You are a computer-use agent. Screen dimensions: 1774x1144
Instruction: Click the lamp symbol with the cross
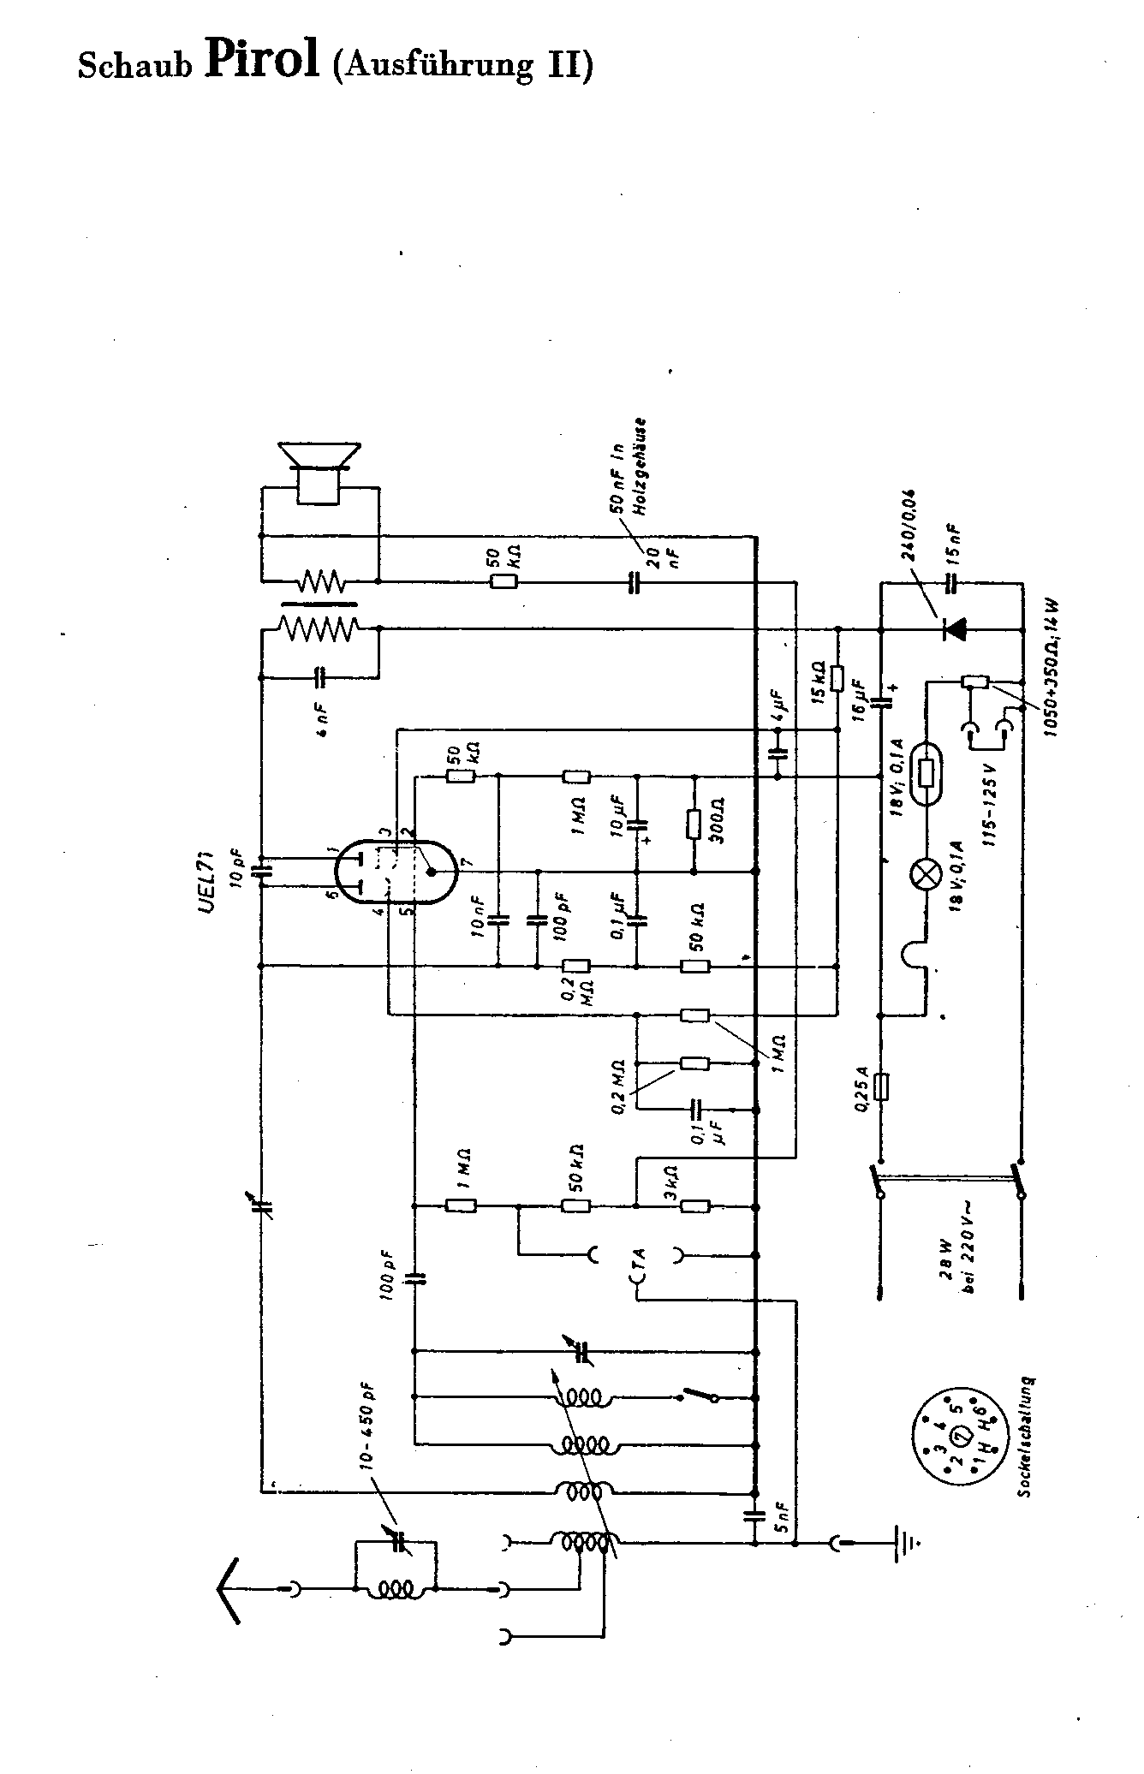[x=925, y=874]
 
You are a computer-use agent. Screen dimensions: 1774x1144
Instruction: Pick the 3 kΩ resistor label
[x=670, y=1181]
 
